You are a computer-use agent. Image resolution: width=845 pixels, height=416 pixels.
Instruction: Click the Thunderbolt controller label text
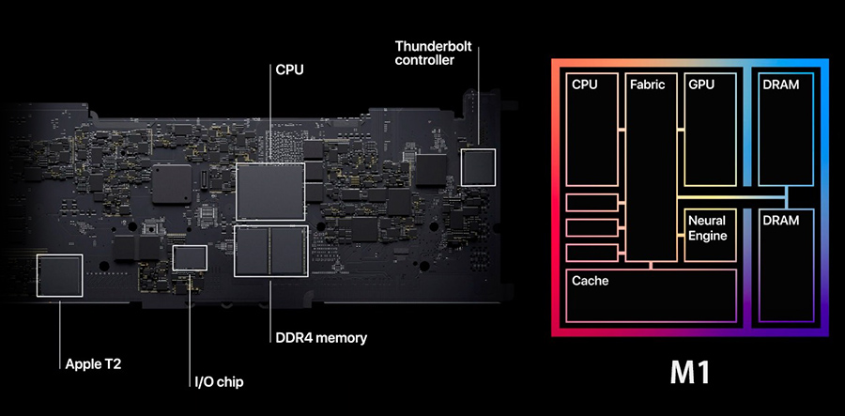tap(424, 53)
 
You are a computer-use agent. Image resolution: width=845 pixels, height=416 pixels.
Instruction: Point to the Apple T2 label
tap(93, 363)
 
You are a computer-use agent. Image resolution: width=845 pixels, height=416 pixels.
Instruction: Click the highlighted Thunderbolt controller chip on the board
tap(478, 165)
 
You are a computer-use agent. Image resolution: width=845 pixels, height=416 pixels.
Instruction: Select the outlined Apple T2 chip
tap(58, 274)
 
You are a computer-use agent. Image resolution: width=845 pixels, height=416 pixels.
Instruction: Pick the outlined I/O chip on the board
tap(191, 257)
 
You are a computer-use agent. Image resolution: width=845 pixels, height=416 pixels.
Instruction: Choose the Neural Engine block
tap(710, 235)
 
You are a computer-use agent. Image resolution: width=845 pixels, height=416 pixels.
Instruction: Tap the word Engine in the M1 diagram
tap(708, 236)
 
